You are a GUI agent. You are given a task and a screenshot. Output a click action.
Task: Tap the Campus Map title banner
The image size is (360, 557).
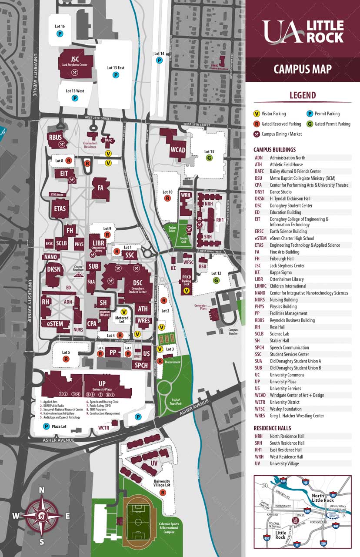[303, 69]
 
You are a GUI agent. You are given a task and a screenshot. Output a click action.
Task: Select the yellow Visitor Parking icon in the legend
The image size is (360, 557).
[257, 114]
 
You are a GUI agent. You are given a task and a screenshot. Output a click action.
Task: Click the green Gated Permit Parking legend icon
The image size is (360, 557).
[310, 124]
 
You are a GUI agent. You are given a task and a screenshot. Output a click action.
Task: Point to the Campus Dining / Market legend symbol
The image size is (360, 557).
[257, 134]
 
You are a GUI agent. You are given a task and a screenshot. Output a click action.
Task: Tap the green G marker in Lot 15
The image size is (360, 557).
[209, 158]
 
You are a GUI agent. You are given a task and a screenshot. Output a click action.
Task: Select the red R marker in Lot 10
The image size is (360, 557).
[167, 198]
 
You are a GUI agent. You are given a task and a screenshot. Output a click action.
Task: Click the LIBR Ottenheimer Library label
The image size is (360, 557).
[96, 244]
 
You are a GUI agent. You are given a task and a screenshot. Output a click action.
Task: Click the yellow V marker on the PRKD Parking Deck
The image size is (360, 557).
[187, 290]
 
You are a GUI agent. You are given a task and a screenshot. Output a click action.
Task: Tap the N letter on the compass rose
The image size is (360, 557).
[42, 490]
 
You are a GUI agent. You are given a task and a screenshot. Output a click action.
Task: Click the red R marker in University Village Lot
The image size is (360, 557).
[163, 493]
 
